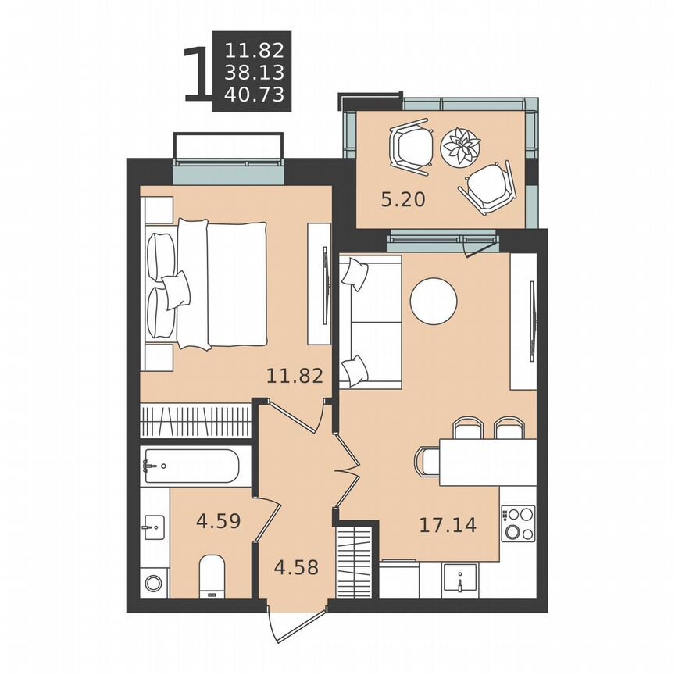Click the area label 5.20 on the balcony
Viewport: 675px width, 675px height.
click(402, 200)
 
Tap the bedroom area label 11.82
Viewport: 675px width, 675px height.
click(295, 376)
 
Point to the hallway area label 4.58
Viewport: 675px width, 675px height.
click(297, 566)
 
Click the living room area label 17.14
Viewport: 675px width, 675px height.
click(448, 525)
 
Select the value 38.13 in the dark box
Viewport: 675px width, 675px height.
click(254, 73)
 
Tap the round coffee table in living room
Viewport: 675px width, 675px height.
click(434, 302)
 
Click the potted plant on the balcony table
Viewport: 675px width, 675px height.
click(460, 145)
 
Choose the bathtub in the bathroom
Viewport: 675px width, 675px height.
click(191, 466)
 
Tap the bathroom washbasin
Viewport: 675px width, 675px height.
click(153, 527)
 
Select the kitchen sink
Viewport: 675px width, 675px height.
click(462, 580)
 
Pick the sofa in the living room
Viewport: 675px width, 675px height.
click(370, 320)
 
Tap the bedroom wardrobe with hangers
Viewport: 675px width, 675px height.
click(195, 421)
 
